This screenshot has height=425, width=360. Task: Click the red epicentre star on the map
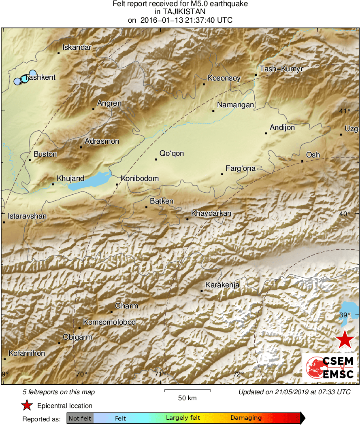tap(345, 339)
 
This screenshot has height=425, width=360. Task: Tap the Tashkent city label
tap(40, 77)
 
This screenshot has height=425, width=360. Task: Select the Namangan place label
tap(235, 105)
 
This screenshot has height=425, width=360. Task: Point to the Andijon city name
tap(282, 127)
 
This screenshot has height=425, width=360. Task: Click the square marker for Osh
tap(302, 161)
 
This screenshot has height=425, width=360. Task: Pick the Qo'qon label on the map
tap(172, 153)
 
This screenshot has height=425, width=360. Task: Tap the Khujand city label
tap(70, 178)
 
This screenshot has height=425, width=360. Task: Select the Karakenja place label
tap(222, 285)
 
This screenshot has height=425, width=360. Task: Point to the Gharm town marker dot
tap(111, 312)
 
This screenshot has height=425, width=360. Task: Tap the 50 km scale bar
tap(187, 391)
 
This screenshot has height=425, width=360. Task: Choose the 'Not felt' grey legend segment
tap(80, 418)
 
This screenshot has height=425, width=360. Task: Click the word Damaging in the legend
tap(246, 418)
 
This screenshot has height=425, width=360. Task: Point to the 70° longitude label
tap(82, 374)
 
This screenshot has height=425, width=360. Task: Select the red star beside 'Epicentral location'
tap(27, 406)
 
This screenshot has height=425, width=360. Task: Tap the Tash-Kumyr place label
tap(281, 69)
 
